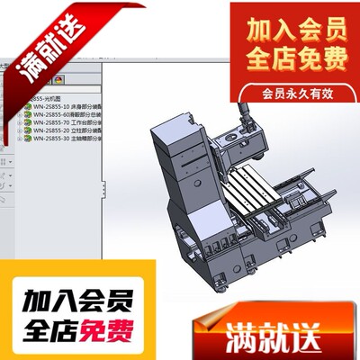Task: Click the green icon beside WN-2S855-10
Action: coord(27,107)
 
